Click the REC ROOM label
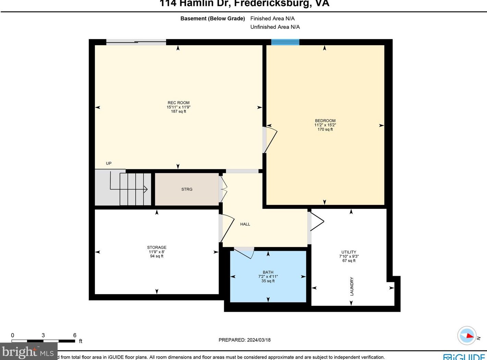click(178, 103)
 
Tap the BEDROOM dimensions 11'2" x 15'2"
click(325, 125)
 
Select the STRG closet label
click(187, 189)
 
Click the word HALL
click(245, 224)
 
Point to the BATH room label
click(268, 272)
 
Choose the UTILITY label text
click(349, 252)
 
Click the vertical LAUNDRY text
click(352, 286)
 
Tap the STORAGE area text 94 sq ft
click(157, 256)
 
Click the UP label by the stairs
click(109, 163)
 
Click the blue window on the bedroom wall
click(285, 42)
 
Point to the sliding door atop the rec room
click(136, 42)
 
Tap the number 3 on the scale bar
click(43, 335)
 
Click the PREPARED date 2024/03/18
click(258, 340)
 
